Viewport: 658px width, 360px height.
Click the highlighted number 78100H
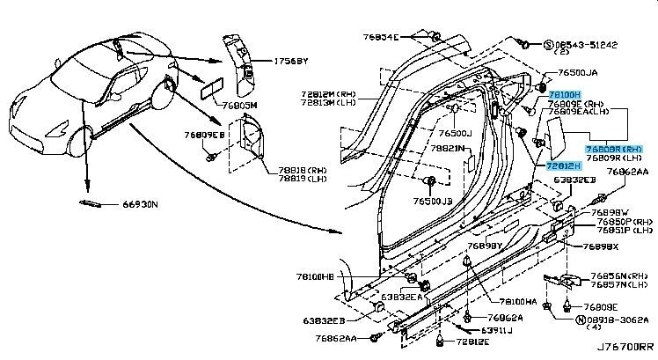click(563, 93)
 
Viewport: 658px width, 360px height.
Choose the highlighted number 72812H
click(563, 165)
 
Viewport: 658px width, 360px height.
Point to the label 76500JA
click(576, 75)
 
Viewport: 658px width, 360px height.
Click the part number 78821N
click(447, 150)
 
